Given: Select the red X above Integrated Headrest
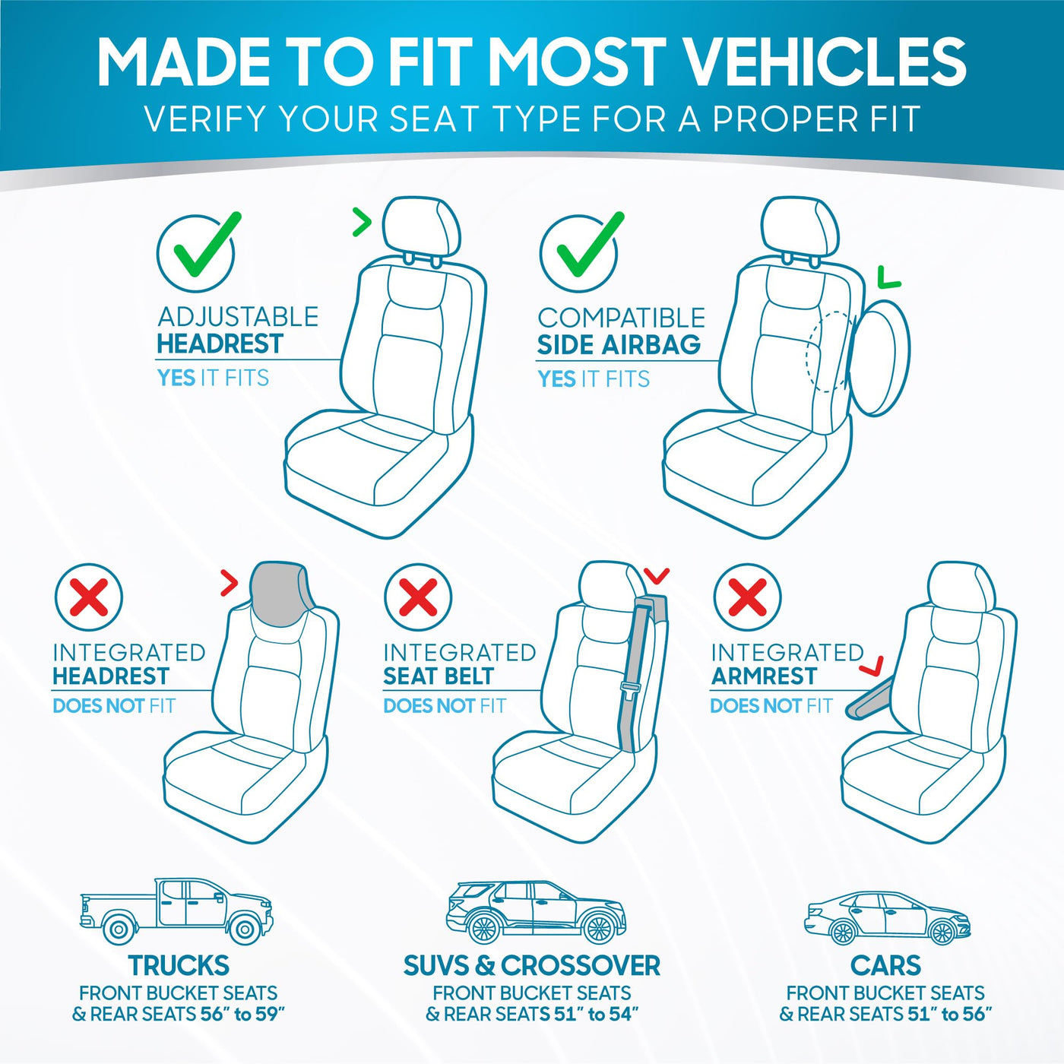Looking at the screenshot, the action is (88, 597).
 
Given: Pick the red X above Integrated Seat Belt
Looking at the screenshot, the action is (417, 597).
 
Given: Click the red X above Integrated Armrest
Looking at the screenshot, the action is (747, 597).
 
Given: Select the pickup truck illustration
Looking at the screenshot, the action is (176, 911).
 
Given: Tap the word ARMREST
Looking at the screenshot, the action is (765, 676).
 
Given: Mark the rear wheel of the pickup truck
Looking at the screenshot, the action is (118, 929).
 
